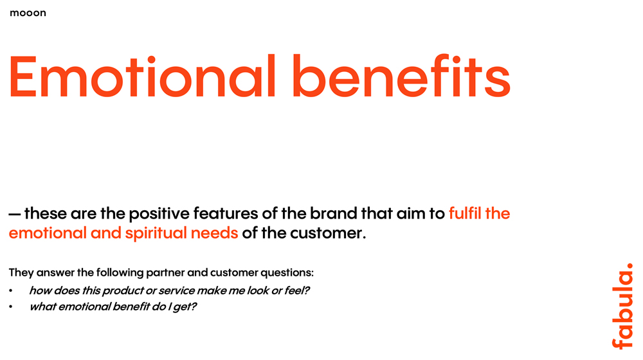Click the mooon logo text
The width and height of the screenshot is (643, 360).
[28, 13]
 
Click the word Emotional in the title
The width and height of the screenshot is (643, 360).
[142, 76]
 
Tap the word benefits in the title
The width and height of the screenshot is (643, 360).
[401, 76]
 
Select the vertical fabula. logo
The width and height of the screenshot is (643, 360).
[622, 306]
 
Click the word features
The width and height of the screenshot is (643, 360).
[226, 213]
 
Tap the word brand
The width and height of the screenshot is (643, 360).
[333, 213]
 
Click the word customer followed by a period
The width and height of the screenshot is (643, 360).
[328, 233]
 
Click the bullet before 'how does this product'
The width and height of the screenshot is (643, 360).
[11, 291]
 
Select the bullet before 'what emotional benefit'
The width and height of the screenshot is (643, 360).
[11, 307]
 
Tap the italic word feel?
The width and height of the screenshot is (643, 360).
[297, 291]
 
